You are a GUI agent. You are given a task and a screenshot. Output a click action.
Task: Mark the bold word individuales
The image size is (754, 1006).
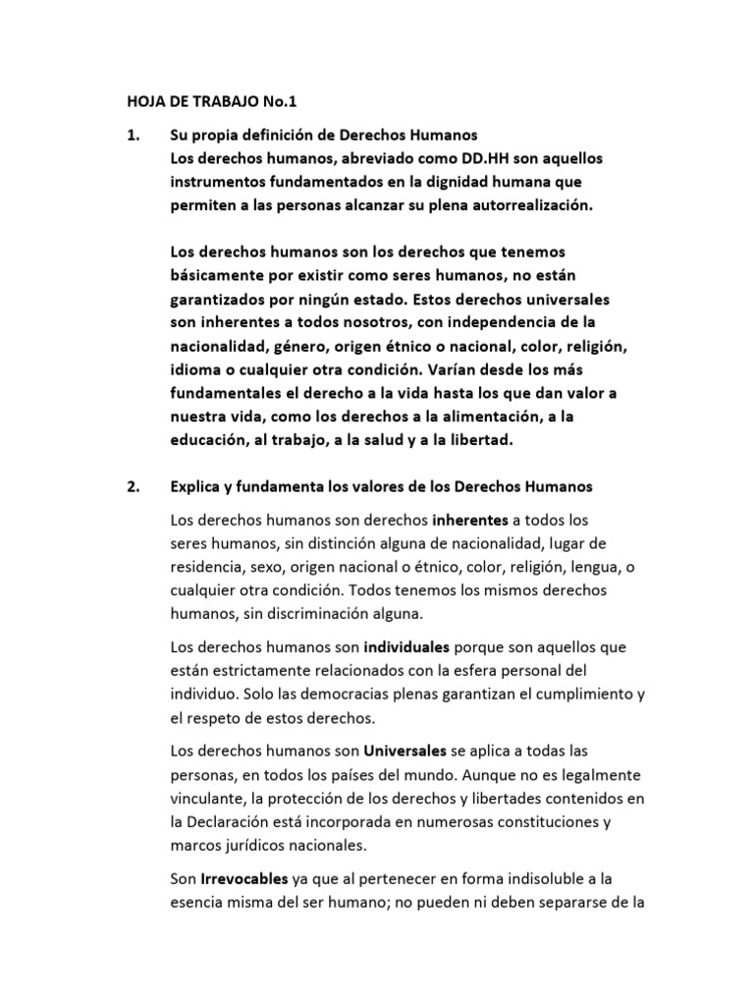(406, 648)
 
